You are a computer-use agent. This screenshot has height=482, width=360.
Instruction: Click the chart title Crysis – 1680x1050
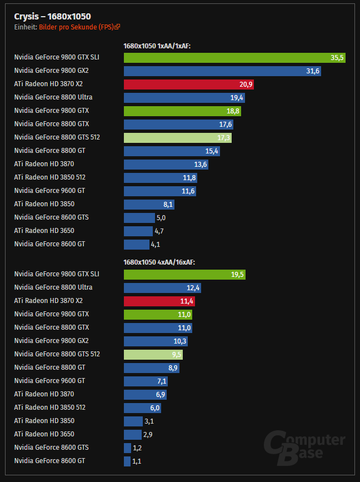pyautogui.click(x=52, y=16)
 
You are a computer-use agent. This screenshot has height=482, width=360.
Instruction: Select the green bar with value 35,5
pyautogui.click(x=234, y=57)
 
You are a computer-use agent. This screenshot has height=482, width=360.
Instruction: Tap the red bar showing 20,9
pyautogui.click(x=189, y=84)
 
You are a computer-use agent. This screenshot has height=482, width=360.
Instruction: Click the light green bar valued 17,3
pyautogui.click(x=177, y=137)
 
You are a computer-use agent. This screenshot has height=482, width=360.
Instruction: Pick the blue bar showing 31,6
pyautogui.click(x=222, y=71)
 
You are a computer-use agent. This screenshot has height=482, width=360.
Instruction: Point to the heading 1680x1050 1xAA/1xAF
pyautogui.click(x=157, y=46)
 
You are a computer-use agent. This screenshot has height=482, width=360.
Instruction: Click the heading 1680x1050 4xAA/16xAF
pyautogui.click(x=159, y=262)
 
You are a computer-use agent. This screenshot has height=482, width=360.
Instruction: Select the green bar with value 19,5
pyautogui.click(x=184, y=274)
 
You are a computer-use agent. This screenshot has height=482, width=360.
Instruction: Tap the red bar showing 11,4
pyautogui.click(x=159, y=301)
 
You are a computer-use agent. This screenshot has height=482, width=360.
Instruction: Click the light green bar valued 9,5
pyautogui.click(x=153, y=354)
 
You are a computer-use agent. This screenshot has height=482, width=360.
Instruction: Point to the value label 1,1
pyautogui.click(x=137, y=461)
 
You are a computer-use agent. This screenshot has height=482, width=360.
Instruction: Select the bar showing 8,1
pyautogui.click(x=149, y=204)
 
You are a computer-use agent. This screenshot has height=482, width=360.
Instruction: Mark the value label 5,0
pyautogui.click(x=161, y=217)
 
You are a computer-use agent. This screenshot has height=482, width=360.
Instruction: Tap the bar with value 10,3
pyautogui.click(x=156, y=341)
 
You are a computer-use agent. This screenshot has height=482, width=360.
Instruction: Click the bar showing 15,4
pyautogui.click(x=172, y=151)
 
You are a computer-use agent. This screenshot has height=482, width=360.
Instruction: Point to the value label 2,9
pyautogui.click(x=148, y=435)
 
